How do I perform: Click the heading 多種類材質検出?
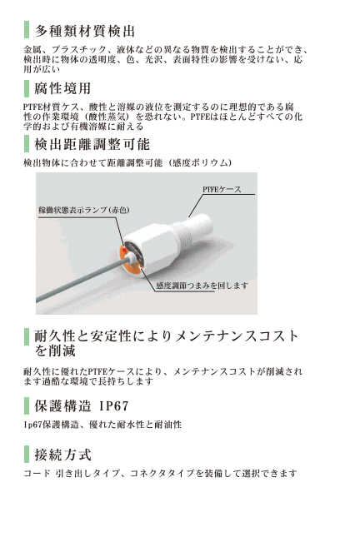pyautogui.click(x=84, y=31)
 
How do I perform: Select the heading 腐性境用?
pyautogui.click(x=62, y=88)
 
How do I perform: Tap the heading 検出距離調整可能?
pyautogui.click(x=92, y=144)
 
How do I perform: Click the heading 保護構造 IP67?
pyautogui.click(x=82, y=405)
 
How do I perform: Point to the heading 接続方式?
pyautogui.click(x=63, y=455)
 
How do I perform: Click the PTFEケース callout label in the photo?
pyautogui.click(x=222, y=190)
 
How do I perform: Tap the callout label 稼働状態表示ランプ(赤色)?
pyautogui.click(x=84, y=210)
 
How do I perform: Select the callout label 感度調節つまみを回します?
pyautogui.click(x=202, y=286)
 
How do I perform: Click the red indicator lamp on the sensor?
pyautogui.click(x=124, y=249)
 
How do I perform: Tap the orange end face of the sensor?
pyautogui.click(x=130, y=259)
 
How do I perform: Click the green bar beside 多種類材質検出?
pyautogui.click(x=27, y=30)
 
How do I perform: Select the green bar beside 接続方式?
pyautogui.click(x=27, y=455)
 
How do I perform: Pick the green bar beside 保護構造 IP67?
pyautogui.click(x=27, y=405)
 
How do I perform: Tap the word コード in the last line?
pyautogui.click(x=37, y=473)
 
